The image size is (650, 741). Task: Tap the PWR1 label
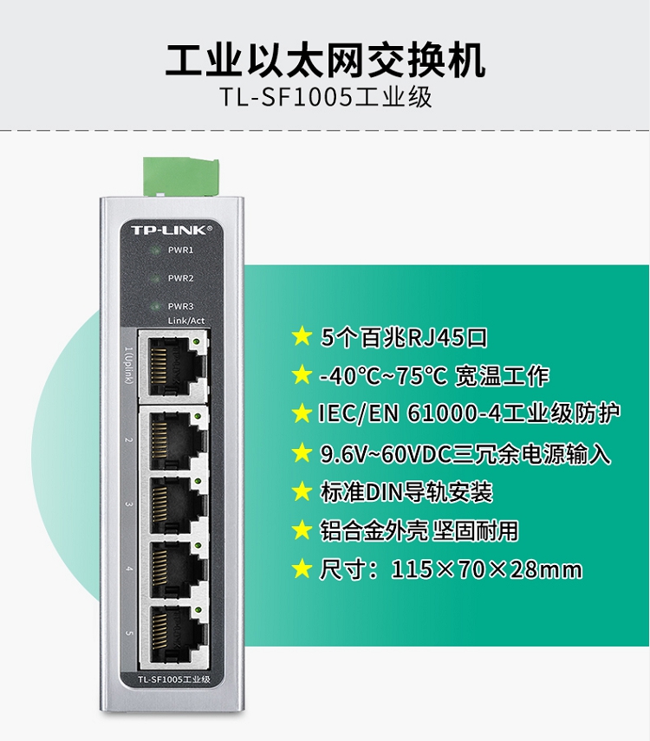(x=180, y=250)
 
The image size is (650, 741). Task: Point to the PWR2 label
(x=180, y=278)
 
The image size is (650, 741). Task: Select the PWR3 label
(x=180, y=306)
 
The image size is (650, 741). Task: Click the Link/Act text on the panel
(x=186, y=321)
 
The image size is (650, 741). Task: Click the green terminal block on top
(x=181, y=176)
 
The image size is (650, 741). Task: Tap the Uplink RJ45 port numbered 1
(x=173, y=367)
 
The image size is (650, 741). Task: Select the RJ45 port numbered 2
(x=173, y=439)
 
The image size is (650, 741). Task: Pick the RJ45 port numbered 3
(x=173, y=504)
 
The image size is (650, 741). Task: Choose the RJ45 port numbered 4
(x=173, y=569)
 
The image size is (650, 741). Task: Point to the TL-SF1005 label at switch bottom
(x=173, y=679)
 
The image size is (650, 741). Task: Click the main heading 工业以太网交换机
(x=325, y=61)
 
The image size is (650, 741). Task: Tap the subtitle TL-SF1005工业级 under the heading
(x=326, y=97)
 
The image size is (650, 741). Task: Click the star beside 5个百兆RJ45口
(x=302, y=337)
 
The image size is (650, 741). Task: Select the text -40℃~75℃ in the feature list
(x=383, y=376)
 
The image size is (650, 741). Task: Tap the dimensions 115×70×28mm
(x=486, y=569)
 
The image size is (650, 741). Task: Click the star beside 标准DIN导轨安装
(x=302, y=491)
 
